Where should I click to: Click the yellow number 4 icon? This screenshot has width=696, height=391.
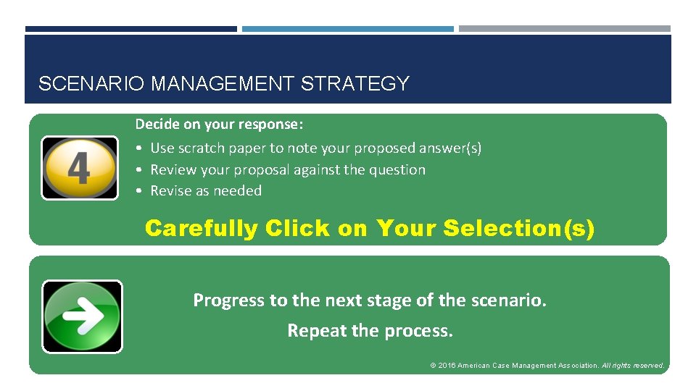coord(79,167)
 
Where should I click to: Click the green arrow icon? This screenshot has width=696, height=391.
coord(82,316)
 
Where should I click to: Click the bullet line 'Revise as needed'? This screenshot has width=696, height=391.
coord(205,191)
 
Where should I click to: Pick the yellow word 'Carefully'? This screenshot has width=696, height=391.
coord(202,229)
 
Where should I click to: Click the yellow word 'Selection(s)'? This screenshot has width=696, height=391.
coord(518,229)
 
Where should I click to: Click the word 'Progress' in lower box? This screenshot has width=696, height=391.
coord(229,300)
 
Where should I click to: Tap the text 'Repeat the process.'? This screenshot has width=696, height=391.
coord(370,331)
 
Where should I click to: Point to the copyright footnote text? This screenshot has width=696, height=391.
coord(547,366)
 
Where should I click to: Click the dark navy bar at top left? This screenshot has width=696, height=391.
coord(130,29)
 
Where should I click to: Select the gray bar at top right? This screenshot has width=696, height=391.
coord(564,29)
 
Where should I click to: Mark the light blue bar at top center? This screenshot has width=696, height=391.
coord(347,29)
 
